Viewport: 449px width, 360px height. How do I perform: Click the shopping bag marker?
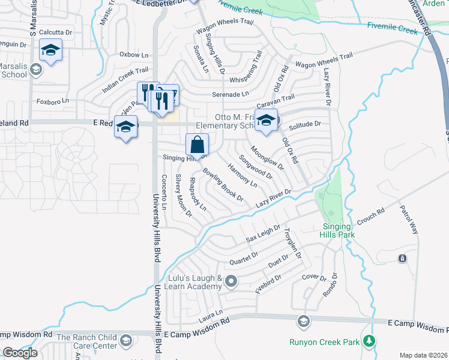tap(197, 145)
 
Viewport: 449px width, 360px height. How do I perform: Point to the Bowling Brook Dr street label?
tap(223, 184)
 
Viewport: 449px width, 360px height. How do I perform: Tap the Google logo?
tap(20, 352)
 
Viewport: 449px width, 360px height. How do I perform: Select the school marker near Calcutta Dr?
tap(51, 52)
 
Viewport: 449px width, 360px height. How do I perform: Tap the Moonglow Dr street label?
tap(267, 157)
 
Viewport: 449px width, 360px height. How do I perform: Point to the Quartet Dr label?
tap(244, 259)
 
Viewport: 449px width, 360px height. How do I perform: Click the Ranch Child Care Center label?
tap(87, 341)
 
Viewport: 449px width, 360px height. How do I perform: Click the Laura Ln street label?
tap(211, 313)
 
